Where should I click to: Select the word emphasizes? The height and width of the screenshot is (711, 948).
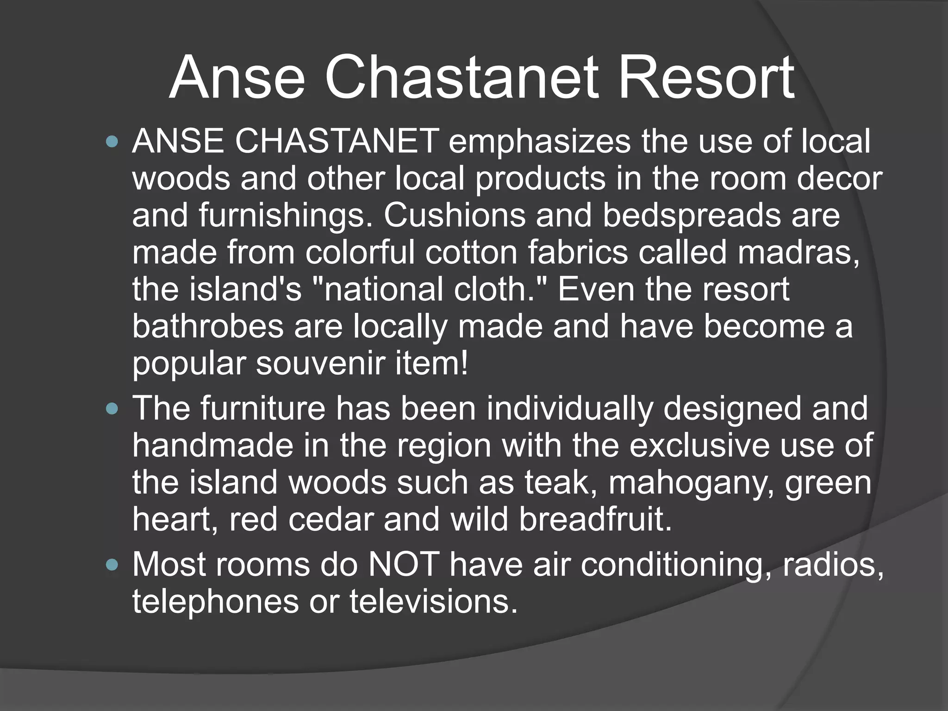pyautogui.click(x=539, y=142)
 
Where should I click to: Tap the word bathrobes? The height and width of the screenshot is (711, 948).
pyautogui.click(x=208, y=326)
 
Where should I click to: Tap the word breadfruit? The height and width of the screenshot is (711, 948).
pyautogui.click(x=595, y=519)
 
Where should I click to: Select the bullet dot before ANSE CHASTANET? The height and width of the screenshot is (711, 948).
pyautogui.click(x=112, y=141)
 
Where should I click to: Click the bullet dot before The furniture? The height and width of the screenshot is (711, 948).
pyautogui.click(x=112, y=409)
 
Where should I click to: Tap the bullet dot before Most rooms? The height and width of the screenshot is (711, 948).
pyautogui.click(x=112, y=565)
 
